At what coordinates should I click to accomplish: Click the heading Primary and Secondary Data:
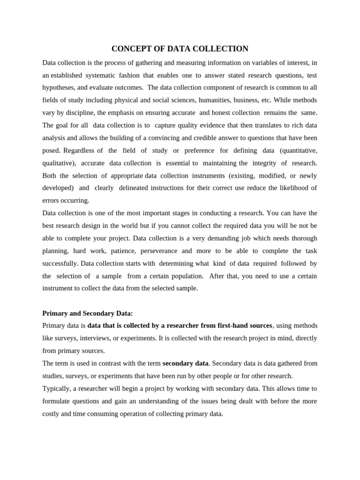88,313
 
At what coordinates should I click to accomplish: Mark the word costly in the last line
52,414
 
